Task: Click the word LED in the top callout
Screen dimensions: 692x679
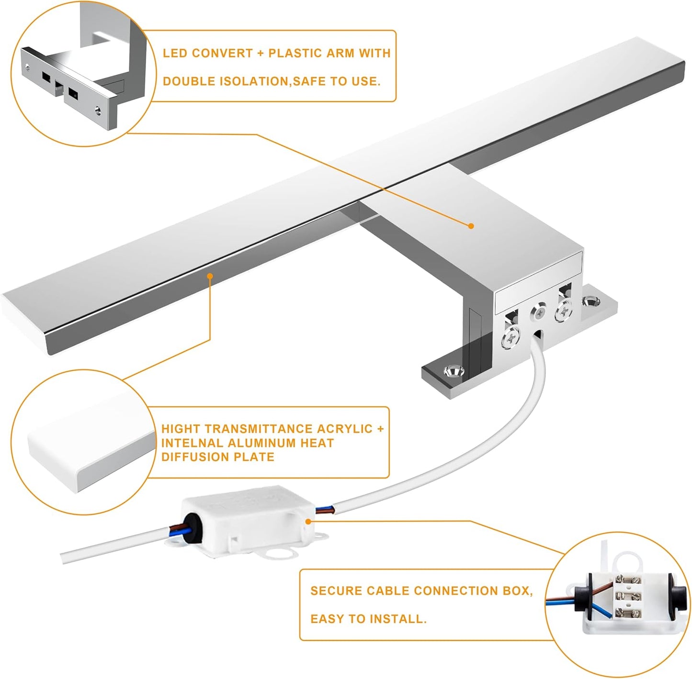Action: (172, 53)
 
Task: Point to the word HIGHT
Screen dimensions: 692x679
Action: (181, 429)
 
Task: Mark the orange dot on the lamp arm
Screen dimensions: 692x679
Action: (471, 226)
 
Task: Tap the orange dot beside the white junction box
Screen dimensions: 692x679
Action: (308, 522)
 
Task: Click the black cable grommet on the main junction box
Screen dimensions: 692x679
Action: (193, 527)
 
